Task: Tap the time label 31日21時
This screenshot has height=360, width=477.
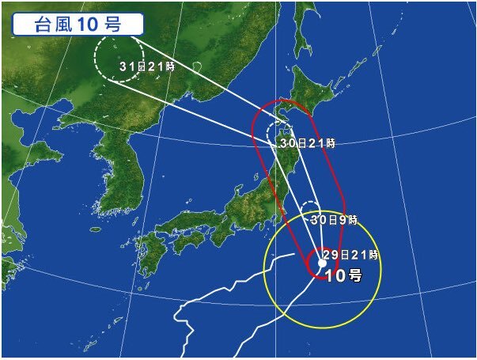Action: pos(146,68)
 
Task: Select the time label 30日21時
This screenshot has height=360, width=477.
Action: pos(308,143)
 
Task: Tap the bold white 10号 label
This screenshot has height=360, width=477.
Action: pos(344,276)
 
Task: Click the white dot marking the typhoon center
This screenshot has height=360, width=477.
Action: pos(322,261)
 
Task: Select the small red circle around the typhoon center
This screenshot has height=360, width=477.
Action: pos(312,270)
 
